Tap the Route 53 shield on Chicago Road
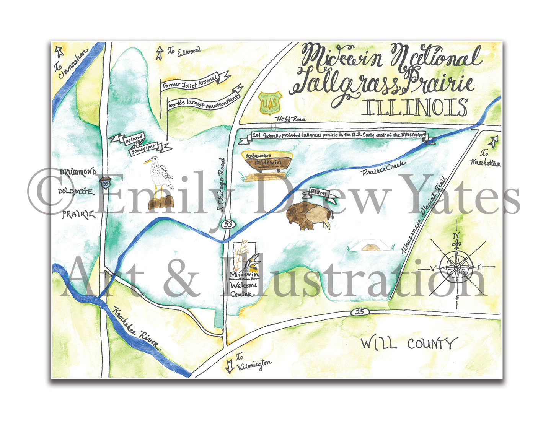click(x=228, y=225)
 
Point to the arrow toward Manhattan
click(x=494, y=142)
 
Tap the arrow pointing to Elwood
click(x=159, y=53)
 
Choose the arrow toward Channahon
click(x=59, y=50)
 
